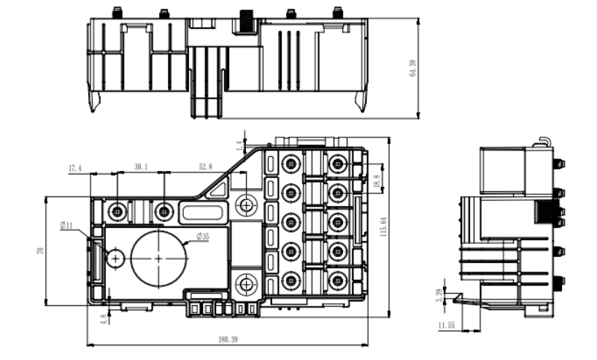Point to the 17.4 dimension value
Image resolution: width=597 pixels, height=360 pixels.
point(75,168)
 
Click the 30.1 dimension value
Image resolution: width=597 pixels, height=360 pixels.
point(141,167)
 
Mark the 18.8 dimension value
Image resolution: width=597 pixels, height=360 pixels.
point(377,180)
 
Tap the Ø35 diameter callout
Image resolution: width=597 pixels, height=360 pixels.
point(203,236)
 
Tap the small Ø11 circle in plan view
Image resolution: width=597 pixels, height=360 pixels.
point(115,257)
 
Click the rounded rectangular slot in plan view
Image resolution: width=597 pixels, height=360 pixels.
point(202,212)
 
